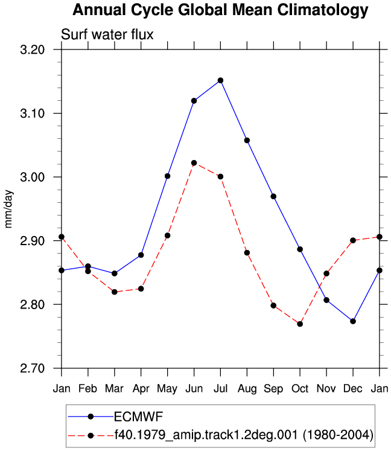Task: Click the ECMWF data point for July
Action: pos(220,80)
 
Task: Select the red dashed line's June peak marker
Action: pos(194,163)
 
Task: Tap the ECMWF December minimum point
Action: pos(353,321)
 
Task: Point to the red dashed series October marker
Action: pos(300,324)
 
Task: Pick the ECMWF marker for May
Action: pos(167,176)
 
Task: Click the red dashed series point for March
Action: pos(115,292)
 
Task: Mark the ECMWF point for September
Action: pos(273,196)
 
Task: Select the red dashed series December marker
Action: pos(353,240)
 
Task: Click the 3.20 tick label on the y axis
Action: pos(33,50)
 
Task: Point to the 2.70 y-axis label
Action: pos(33,368)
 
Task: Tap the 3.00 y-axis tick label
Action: pos(33,177)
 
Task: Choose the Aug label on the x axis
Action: pos(247,389)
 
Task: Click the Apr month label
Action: pos(141,389)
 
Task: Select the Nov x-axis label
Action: pos(326,389)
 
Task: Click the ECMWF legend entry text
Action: pos(139,417)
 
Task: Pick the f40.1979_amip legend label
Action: pos(244,435)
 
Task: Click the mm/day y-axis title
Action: pos(8,209)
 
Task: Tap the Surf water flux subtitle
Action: pos(107,34)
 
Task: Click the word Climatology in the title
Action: pos(323,10)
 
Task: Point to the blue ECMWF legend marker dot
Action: pos(91,417)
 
